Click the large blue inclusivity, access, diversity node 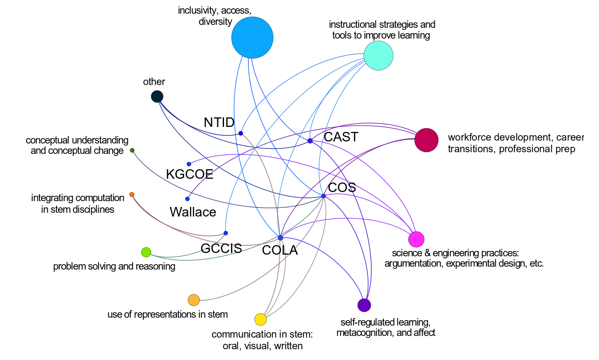(252, 38)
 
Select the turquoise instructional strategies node (378, 56)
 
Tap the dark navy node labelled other (157, 97)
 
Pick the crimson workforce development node (426, 140)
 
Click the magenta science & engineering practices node (416, 239)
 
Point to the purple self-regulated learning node (364, 305)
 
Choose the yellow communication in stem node (261, 319)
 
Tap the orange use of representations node (194, 300)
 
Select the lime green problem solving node (146, 252)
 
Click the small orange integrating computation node (132, 195)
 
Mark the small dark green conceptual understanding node (132, 150)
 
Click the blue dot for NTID (241, 133)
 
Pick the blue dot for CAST (310, 141)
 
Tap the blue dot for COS (324, 196)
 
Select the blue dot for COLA (280, 238)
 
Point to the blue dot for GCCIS (226, 233)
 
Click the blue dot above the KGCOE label (189, 164)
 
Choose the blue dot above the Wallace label (187, 199)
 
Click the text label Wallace (193, 212)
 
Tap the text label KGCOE (190, 174)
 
